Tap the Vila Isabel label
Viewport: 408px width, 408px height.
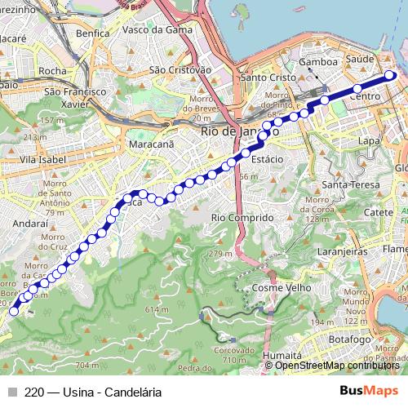38,160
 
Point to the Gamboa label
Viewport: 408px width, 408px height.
318,62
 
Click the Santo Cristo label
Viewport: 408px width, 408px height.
266,78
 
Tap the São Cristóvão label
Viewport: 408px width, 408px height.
178,70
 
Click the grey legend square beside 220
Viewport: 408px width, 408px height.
12,391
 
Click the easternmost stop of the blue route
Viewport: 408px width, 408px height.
389,75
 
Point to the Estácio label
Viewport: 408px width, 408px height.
267,160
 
